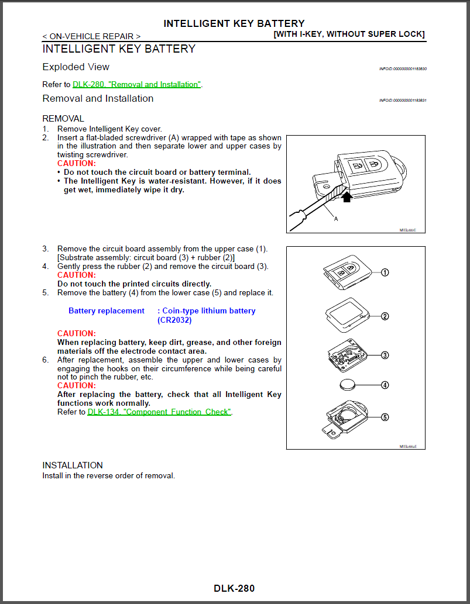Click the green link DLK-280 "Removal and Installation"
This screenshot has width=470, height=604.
coord(136,85)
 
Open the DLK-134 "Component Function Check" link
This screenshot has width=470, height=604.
coord(159,412)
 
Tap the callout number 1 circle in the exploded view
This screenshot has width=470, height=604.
coord(385,272)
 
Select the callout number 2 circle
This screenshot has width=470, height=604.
coord(385,316)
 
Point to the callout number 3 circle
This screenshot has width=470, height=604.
coord(385,355)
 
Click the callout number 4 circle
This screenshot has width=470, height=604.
coord(385,385)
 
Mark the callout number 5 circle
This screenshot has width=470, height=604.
coord(385,417)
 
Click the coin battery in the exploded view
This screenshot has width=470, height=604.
coord(348,385)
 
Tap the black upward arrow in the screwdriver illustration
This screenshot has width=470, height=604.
coord(347,197)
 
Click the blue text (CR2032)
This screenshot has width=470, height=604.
coord(174,320)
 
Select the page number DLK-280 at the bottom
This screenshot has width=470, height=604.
coord(234,588)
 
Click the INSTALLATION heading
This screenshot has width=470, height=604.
coord(73,465)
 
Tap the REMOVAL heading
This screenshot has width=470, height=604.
coord(63,119)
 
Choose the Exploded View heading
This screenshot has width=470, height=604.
coord(76,67)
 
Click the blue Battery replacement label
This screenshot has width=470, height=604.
coord(106,311)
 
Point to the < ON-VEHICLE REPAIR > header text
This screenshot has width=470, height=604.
coord(91,36)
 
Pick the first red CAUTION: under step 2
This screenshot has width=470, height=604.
coord(76,164)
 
